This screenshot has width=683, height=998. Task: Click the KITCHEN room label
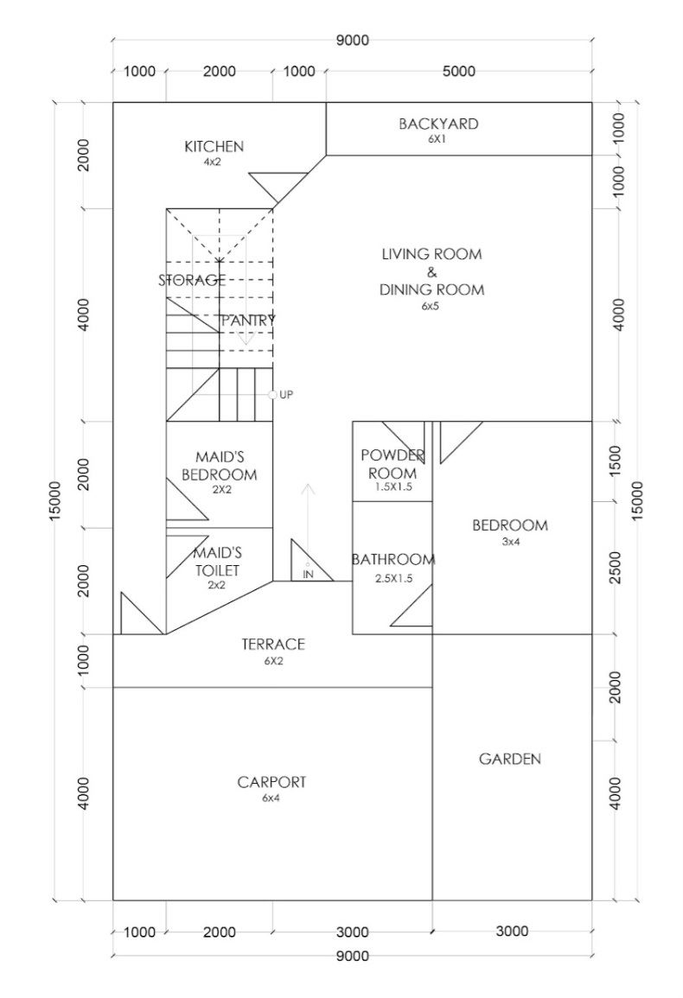point(214,146)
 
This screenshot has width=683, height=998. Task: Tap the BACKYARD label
point(438,124)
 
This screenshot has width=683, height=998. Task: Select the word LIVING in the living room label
point(405,254)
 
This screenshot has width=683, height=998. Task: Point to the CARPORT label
point(271,782)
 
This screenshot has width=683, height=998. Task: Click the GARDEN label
point(510,759)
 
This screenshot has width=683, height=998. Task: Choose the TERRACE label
point(273,644)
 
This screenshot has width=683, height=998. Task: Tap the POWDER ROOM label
point(393,464)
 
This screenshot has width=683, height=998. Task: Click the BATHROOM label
point(393,559)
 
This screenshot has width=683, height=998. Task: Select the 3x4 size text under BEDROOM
point(510,543)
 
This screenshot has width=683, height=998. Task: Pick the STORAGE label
point(192,280)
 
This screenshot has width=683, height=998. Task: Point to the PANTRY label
point(248,321)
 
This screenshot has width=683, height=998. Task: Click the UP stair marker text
point(286,395)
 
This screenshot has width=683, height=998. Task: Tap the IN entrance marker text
point(309,574)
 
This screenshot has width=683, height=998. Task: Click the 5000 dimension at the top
point(459,71)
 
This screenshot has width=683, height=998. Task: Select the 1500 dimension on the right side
point(615,461)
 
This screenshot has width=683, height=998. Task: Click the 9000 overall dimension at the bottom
point(353,956)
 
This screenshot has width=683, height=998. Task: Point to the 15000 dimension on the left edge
point(55,501)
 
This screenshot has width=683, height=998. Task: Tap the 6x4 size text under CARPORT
point(271,798)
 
